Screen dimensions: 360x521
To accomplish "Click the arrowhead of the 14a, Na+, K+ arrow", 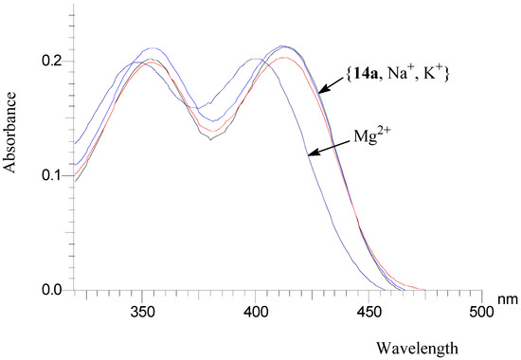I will (319, 93).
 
